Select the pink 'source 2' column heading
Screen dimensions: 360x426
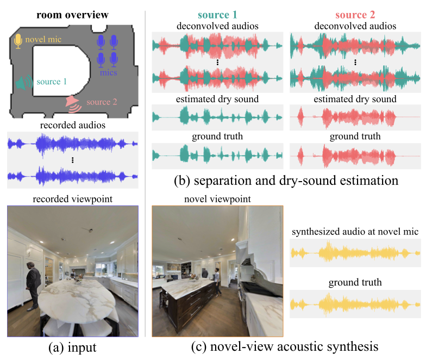tap(356, 15)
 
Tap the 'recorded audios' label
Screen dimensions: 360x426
tap(72, 126)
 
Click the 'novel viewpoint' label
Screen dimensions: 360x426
tap(217, 200)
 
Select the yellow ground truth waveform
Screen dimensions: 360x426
tap(356, 303)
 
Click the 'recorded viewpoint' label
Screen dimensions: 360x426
tap(73, 200)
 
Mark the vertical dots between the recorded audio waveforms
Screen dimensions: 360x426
tap(72, 160)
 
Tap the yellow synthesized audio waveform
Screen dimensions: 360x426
tap(356, 253)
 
